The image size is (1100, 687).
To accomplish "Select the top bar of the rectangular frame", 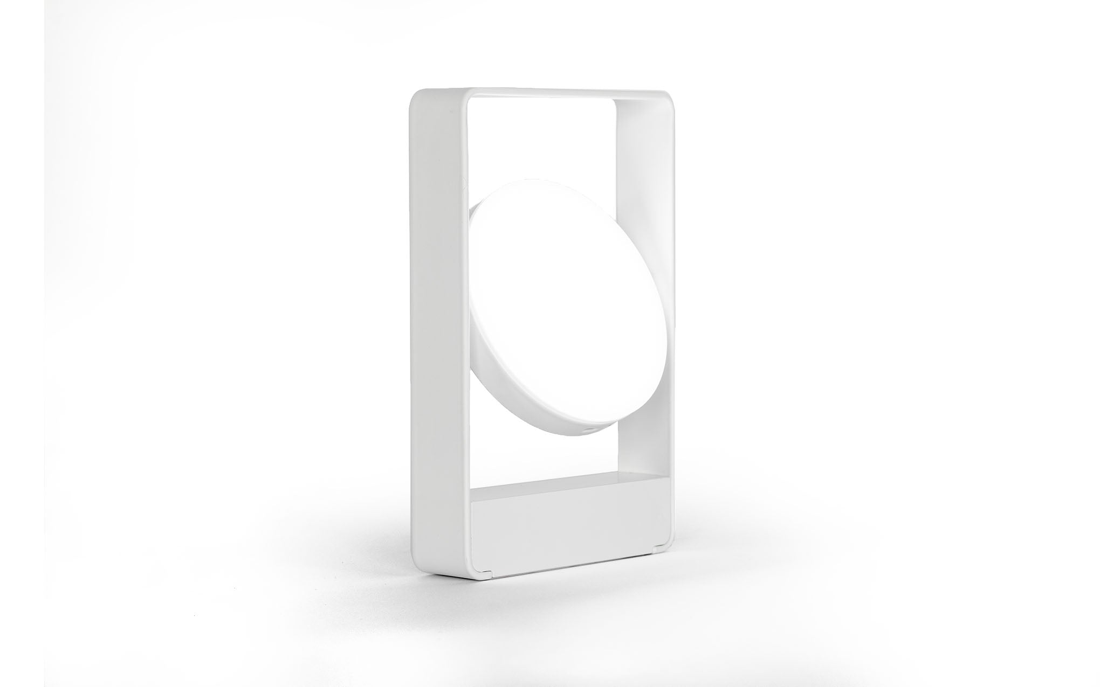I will coord(539,93).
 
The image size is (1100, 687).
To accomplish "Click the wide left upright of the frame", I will coord(439,323).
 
